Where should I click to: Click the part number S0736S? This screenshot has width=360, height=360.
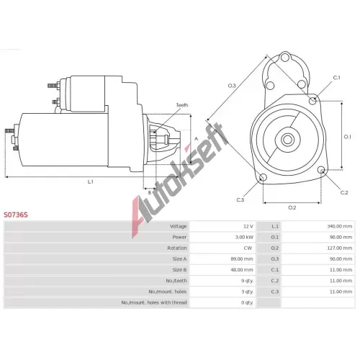tap(16, 215)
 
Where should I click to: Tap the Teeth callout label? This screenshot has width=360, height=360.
tap(182, 105)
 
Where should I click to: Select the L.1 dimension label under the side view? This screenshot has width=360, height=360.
tap(90, 181)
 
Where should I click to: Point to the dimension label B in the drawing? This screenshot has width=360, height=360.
tap(149, 192)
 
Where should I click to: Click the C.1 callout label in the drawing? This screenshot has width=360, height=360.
tap(336, 78)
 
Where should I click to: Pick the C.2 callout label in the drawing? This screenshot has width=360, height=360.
tap(344, 192)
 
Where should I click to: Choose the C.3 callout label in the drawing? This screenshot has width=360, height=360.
tap(240, 200)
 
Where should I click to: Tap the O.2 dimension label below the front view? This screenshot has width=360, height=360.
tap(292, 207)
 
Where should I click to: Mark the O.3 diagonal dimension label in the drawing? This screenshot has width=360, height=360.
tap(232, 86)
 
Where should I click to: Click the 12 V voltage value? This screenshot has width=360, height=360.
tap(248, 226)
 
